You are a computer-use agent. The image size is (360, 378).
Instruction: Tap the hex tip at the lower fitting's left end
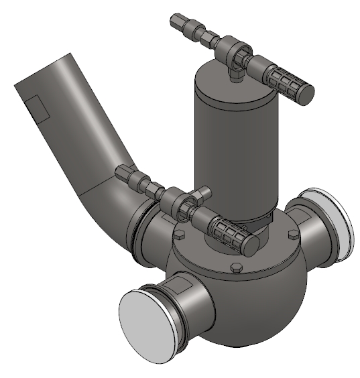(x=122, y=172)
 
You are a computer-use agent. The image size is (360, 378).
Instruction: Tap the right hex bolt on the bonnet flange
(x=292, y=235)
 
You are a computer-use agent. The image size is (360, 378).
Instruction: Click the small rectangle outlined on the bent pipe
(x=37, y=108)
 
